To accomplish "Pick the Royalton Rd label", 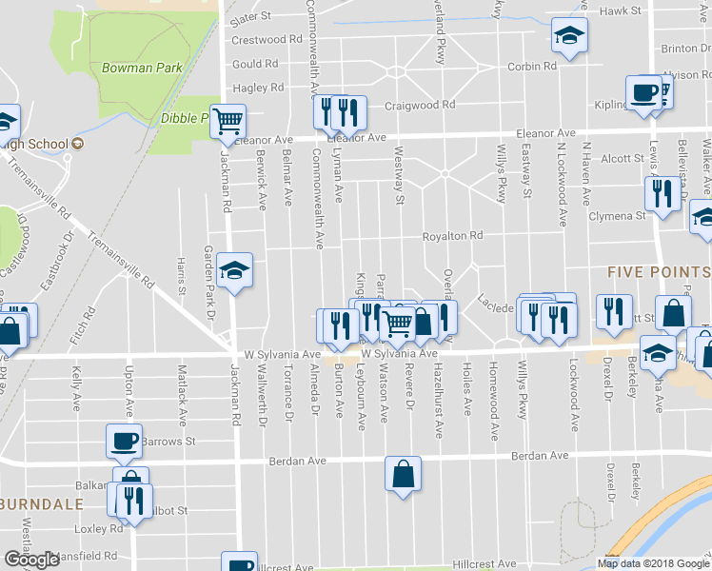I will point(454,236).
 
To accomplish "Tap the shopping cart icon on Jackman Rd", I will point(228,121).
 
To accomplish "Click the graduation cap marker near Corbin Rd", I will point(570,37).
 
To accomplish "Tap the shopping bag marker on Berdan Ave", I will point(403,473).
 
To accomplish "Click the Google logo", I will point(31,560).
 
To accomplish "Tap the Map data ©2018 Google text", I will point(652,563).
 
